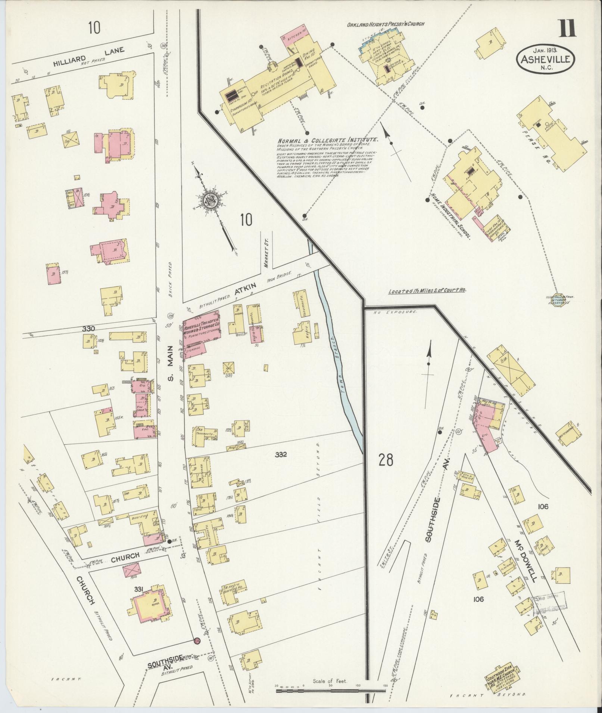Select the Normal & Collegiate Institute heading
pyautogui.click(x=328, y=140)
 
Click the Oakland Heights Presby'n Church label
pyautogui.click(x=386, y=24)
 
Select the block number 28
pyautogui.click(x=386, y=461)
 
